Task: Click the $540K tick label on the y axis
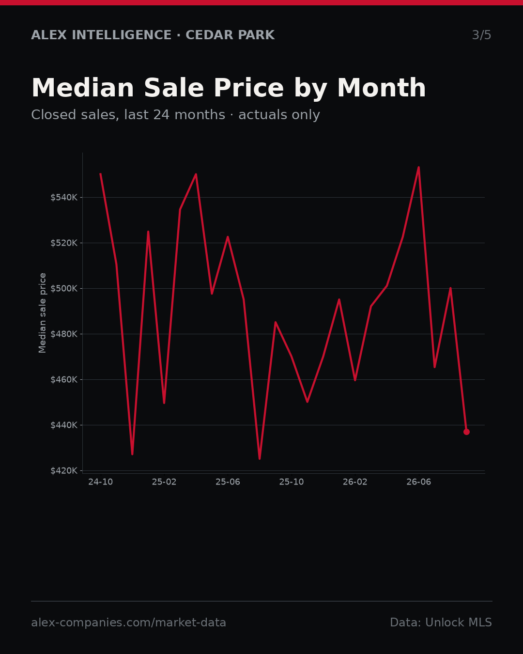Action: [64, 198]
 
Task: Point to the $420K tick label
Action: [64, 471]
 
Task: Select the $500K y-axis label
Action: [64, 288]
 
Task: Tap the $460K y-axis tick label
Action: [64, 380]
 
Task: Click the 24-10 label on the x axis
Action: [101, 482]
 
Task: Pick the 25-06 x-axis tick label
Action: [228, 482]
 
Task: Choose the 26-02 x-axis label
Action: [355, 482]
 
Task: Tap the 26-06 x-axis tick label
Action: [419, 482]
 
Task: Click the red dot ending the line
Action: [466, 432]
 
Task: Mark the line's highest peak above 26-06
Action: [419, 168]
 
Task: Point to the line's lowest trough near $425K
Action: [260, 459]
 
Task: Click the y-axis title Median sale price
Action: [42, 313]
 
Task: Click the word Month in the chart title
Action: [382, 88]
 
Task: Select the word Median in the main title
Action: [83, 88]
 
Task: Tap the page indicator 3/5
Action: [482, 35]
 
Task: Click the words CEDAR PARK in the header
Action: [230, 35]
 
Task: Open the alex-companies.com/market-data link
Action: [128, 623]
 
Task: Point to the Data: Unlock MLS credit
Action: [441, 622]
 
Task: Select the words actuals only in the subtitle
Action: [279, 115]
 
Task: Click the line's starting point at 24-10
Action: [101, 174]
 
